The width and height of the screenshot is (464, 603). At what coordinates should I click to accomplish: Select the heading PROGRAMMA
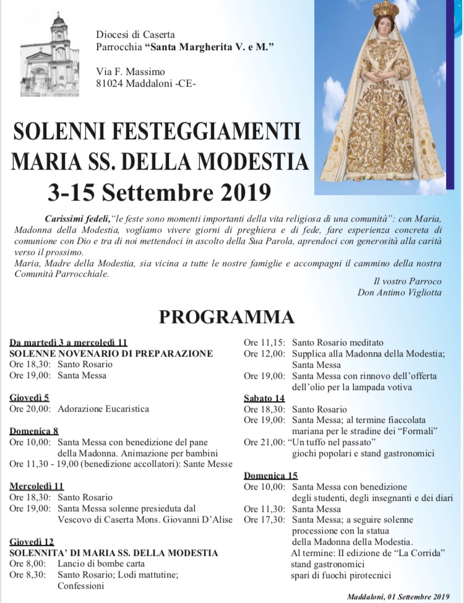pos(226,317)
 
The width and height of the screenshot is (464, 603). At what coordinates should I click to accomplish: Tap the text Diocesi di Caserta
pos(135,34)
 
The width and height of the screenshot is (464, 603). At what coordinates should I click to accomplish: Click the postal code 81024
pos(111,84)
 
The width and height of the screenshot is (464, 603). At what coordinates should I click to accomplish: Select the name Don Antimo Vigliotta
pos(399,292)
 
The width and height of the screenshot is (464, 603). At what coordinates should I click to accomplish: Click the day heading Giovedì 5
pos(29,397)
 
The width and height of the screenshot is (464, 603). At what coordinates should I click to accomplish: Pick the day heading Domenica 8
pos(33,431)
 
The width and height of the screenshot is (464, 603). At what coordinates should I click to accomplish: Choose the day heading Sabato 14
pos(264,398)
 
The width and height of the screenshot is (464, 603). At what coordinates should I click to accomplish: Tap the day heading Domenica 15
pos(270,475)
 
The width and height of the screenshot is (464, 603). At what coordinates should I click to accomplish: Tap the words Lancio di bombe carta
pos(101,563)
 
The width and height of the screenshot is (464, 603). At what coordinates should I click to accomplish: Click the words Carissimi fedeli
pos(77,219)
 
